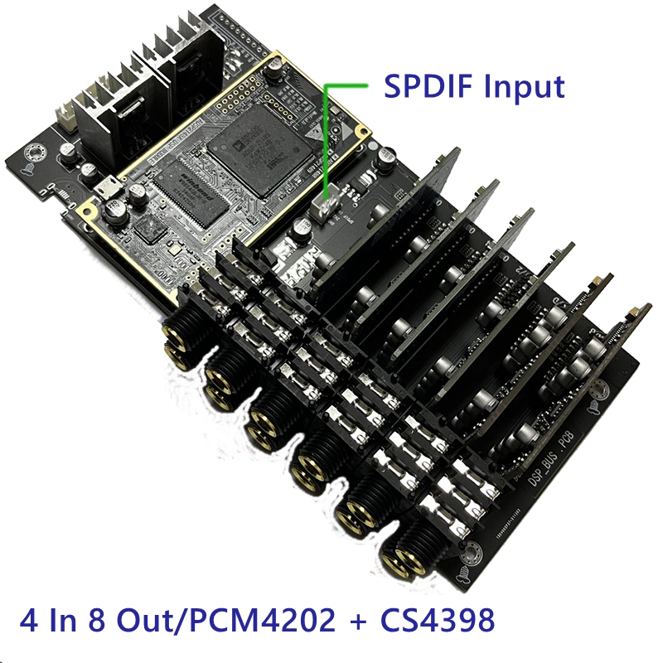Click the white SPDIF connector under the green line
tap(326, 206)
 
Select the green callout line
tap(325, 133)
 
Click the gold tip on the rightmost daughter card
tap(636, 312)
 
